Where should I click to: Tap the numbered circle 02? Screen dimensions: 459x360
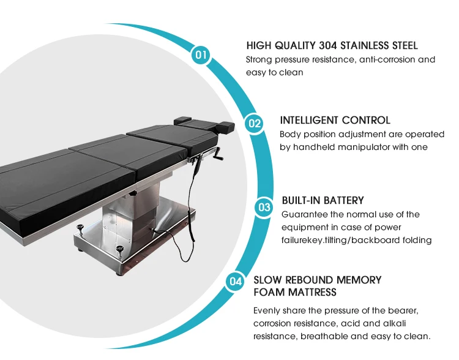(x=254, y=124)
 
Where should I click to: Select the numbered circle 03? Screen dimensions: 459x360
(x=264, y=208)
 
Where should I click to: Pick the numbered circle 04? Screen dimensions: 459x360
(x=235, y=282)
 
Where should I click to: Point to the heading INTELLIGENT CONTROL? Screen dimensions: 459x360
(x=335, y=120)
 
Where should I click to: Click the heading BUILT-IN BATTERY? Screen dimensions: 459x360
(x=323, y=200)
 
